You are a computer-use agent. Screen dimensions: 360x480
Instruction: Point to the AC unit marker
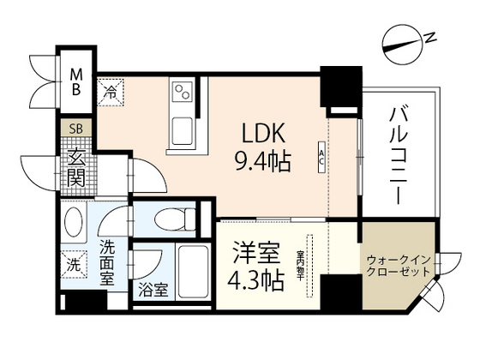tap(321, 157)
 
